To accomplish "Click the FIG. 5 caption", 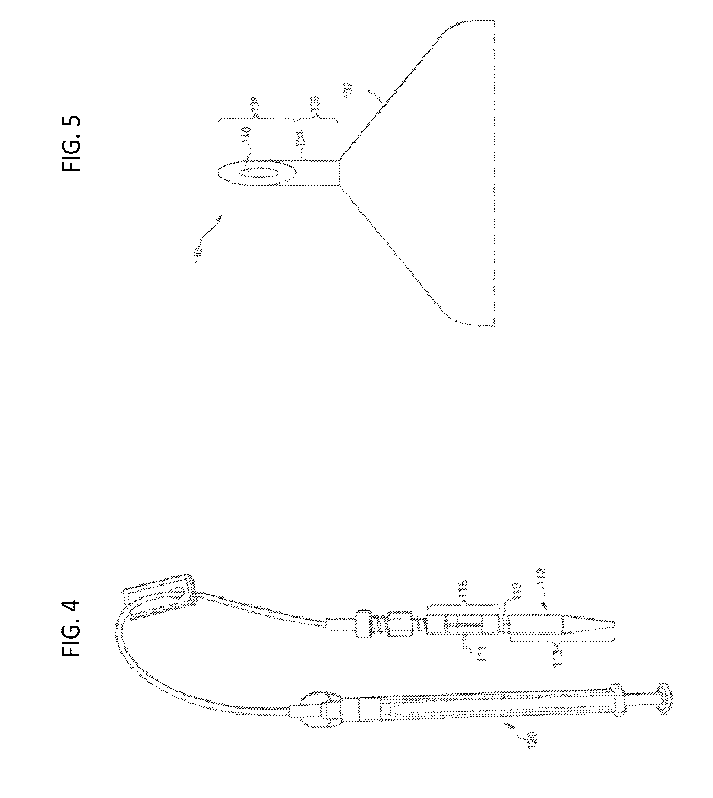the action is pyautogui.click(x=71, y=143).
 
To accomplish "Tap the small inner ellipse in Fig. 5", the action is pyautogui.click(x=257, y=173).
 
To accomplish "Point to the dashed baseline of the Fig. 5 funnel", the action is pyautogui.click(x=494, y=172).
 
